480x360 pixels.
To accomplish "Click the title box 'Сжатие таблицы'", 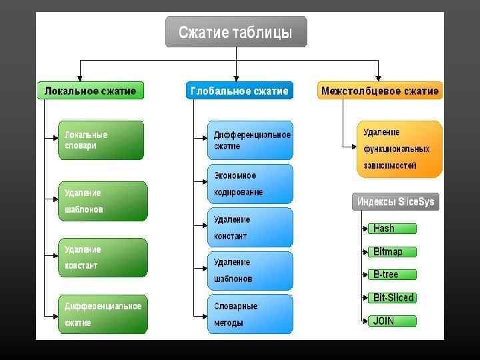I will click(236, 32).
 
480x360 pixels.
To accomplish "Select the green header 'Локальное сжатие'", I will click(90, 91).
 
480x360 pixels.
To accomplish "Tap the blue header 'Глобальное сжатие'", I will click(239, 91).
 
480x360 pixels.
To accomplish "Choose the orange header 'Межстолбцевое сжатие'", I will click(379, 91).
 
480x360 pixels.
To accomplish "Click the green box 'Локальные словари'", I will click(101, 140).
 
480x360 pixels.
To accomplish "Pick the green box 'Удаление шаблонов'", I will click(101, 201).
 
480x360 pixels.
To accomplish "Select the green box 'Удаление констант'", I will click(101, 257).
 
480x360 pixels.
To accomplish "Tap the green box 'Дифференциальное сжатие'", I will click(101, 314).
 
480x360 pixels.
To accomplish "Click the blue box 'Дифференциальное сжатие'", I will click(250, 140).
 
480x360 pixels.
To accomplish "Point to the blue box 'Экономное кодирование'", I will click(250, 183).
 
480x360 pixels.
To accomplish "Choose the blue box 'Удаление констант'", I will click(250, 227).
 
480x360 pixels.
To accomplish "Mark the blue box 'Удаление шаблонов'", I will click(250, 271).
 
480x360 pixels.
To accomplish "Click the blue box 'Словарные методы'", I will click(250, 314).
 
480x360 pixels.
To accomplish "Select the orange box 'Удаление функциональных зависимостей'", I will click(399, 149).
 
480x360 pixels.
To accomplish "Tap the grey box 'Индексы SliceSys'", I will click(395, 202).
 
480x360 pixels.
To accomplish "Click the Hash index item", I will click(392, 229).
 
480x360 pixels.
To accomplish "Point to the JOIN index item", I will click(392, 321).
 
